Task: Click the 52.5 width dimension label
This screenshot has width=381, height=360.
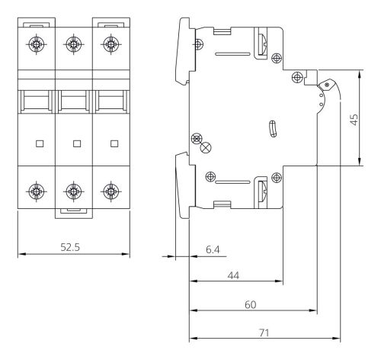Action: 70,247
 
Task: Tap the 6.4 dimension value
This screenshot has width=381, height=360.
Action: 213,249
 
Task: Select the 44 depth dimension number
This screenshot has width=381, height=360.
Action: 233,275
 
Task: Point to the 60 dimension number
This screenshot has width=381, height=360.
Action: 251,304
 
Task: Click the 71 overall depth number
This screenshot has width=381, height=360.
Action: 264,333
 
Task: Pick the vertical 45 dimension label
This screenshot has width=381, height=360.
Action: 354,119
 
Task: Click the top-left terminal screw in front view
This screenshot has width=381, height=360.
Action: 37,44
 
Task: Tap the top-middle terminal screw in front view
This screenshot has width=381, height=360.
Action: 74,44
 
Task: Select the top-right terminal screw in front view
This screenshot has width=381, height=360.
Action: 111,44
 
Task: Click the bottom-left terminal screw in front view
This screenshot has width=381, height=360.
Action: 37,191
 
